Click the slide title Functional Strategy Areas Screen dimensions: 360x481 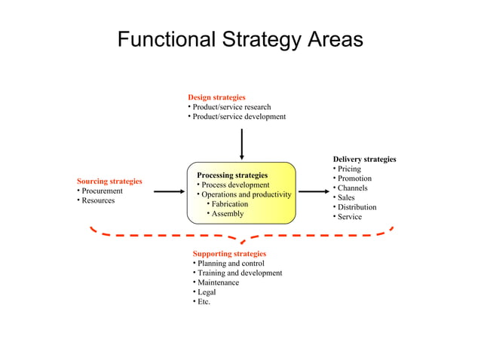[240, 39]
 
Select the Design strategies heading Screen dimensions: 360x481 [216, 97]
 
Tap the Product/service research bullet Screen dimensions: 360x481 [231, 107]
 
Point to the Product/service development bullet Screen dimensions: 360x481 [239, 117]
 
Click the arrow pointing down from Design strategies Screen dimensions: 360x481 [242, 143]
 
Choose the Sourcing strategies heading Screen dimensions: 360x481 [109, 182]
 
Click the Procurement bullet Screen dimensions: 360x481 [102, 191]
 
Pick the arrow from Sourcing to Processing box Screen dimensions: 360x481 [169, 192]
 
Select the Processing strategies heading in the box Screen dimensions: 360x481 [232, 175]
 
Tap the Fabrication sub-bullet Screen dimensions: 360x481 [229, 204]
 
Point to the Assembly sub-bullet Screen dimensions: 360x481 [227, 214]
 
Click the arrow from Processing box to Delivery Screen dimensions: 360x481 [314, 192]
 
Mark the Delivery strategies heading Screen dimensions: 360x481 [364, 159]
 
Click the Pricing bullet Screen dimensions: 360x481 [349, 169]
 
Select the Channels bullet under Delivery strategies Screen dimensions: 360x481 [352, 188]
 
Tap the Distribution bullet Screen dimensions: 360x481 [357, 207]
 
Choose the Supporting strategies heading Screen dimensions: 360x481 [229, 254]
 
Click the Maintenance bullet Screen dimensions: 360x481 [218, 282]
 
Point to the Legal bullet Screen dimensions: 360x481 [207, 292]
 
